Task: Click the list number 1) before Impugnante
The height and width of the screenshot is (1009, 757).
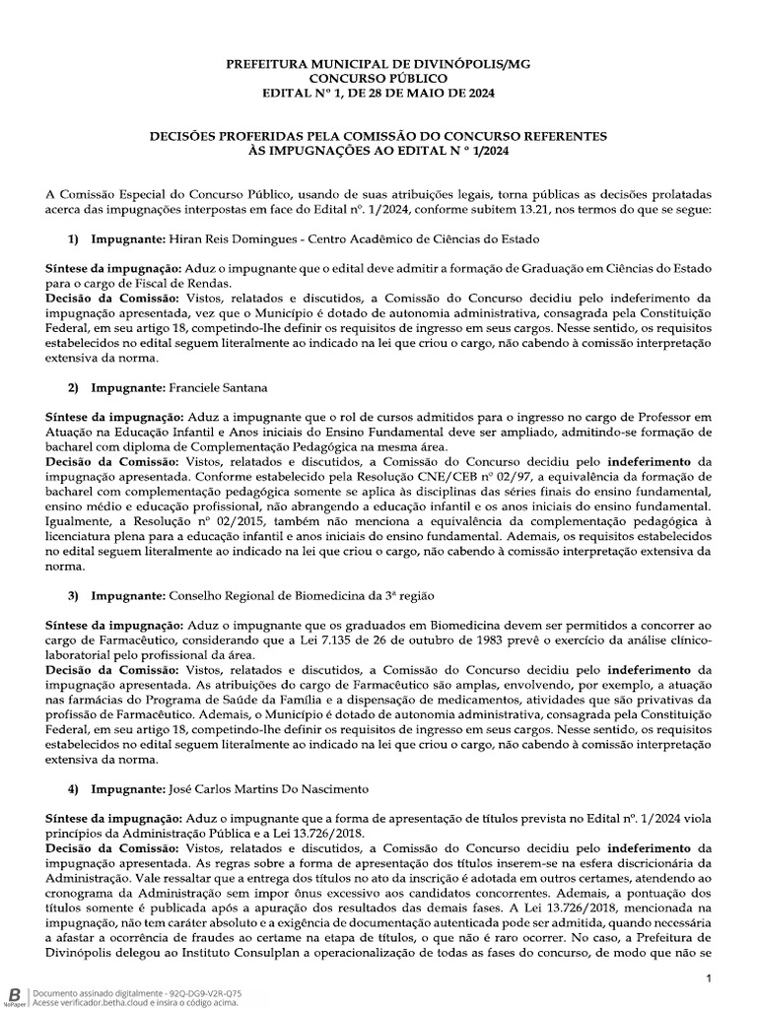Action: pos(73,239)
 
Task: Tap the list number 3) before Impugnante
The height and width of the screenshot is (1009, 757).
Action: pos(73,597)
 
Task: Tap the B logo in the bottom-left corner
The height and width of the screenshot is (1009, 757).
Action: pos(14,996)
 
